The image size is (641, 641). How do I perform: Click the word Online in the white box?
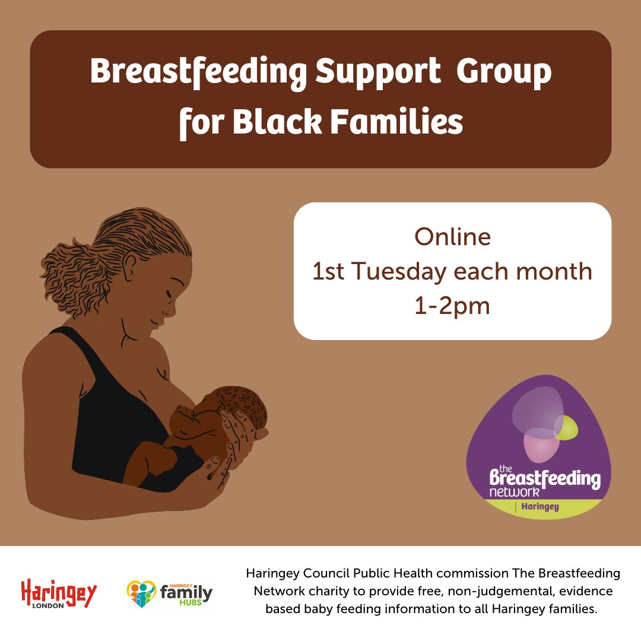coord(452,237)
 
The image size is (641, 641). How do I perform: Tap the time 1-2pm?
coord(452,306)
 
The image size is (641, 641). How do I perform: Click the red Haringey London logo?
coord(59,593)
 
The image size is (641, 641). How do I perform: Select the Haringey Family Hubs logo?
coord(170,593)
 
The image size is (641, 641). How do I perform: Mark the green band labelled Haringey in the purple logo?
coord(537,507)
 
